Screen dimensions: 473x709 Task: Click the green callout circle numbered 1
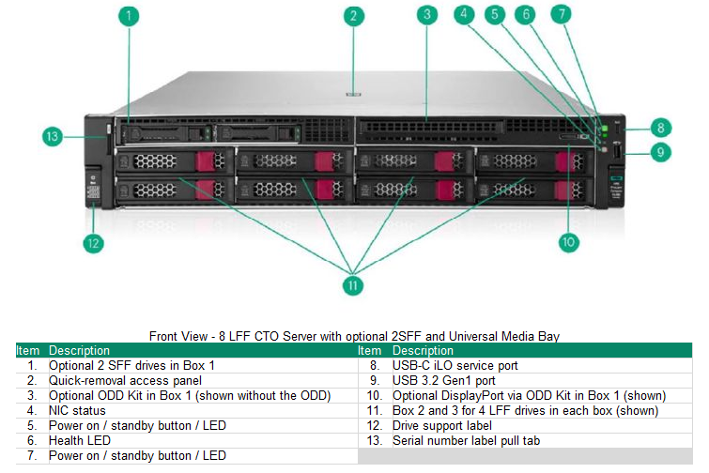130,16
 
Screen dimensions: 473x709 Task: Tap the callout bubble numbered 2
353,16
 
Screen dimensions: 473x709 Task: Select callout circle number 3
427,16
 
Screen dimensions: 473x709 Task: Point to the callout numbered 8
661,127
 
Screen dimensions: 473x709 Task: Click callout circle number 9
661,151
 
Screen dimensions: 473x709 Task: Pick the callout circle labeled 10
568,242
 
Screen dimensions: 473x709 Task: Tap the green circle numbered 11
353,284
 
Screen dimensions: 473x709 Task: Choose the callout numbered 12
92,244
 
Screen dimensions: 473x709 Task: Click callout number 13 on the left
54,137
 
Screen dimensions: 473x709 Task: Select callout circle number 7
561,14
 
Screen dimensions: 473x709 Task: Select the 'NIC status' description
78,410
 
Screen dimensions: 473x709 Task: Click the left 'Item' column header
28,350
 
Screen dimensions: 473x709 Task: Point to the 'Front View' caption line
354,336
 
